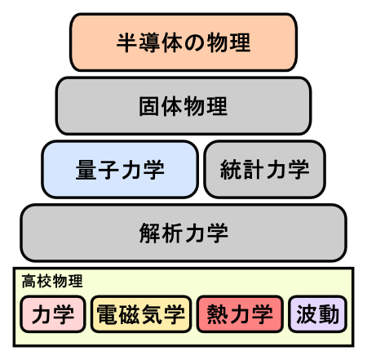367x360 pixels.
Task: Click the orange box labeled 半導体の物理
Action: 183,42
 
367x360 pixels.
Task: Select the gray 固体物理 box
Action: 183,106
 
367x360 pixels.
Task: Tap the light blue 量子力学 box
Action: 120,170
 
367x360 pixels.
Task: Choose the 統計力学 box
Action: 265,170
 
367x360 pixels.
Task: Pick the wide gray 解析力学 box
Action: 183,233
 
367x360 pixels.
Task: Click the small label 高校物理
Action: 52,281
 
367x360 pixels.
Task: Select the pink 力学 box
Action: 53,314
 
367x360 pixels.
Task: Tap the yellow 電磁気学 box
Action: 141,314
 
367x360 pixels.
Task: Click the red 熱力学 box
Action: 240,314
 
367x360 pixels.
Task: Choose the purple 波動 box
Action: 317,314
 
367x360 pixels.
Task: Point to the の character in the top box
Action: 195,42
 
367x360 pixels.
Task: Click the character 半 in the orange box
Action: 127,42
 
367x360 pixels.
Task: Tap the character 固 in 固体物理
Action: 149,106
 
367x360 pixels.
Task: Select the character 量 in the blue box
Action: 86,170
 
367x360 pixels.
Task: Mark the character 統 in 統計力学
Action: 231,170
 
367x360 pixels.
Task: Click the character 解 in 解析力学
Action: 150,233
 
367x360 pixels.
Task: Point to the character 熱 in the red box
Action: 218,314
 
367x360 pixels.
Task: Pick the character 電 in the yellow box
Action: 108,314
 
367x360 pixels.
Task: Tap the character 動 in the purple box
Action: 329,314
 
